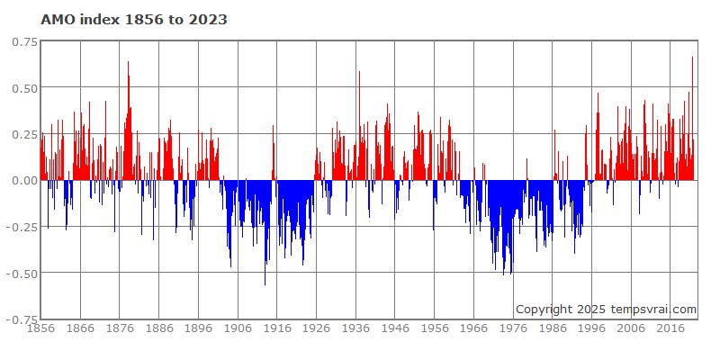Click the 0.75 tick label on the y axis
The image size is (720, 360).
coord(24,41)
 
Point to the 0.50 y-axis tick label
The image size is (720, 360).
coord(24,88)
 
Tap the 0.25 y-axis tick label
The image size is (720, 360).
coord(24,134)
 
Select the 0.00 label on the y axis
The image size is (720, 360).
coord(24,180)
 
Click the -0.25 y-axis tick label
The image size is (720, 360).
coord(22,227)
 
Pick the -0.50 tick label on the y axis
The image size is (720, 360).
coord(22,273)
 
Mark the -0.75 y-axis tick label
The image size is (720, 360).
coord(22,319)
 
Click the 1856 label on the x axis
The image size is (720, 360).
coord(40,329)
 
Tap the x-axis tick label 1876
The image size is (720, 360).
coord(120,329)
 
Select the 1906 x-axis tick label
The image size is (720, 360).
coord(238,329)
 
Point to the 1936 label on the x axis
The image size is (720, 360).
coord(356,329)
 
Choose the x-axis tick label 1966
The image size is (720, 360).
coord(475,329)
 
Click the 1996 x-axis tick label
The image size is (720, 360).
coord(593,329)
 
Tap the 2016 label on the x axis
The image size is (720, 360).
coord(672,329)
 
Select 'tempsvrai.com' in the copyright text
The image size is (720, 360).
coord(654,310)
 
